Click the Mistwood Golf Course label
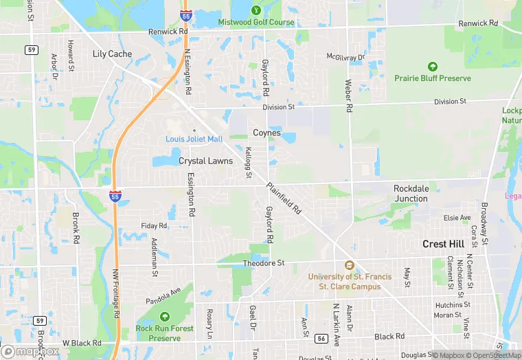tap(256, 22)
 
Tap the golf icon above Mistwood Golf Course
tap(256, 10)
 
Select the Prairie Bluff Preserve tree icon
tap(433, 67)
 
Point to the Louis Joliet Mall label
tap(194, 139)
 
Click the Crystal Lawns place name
tap(206, 161)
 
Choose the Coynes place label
tap(266, 133)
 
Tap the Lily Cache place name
tap(112, 54)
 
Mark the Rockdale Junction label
tap(411, 193)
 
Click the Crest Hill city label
tap(444, 244)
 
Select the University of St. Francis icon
tap(349, 265)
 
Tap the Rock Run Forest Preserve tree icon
tap(164, 316)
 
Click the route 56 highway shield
tap(321, 338)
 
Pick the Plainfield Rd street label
tap(284, 199)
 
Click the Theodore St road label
tap(264, 263)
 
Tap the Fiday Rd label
tap(154, 225)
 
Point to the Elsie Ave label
tap(457, 218)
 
